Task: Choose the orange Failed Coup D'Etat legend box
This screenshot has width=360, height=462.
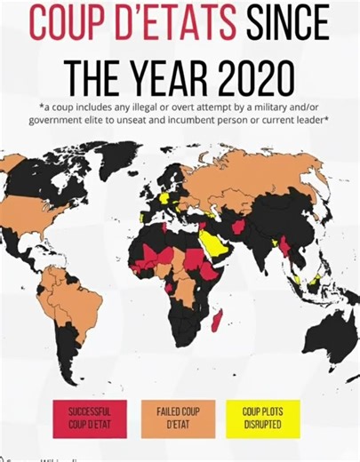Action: tap(177, 418)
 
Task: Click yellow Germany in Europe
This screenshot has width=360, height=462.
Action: tap(165, 197)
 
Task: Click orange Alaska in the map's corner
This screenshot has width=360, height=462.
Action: tap(12, 163)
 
